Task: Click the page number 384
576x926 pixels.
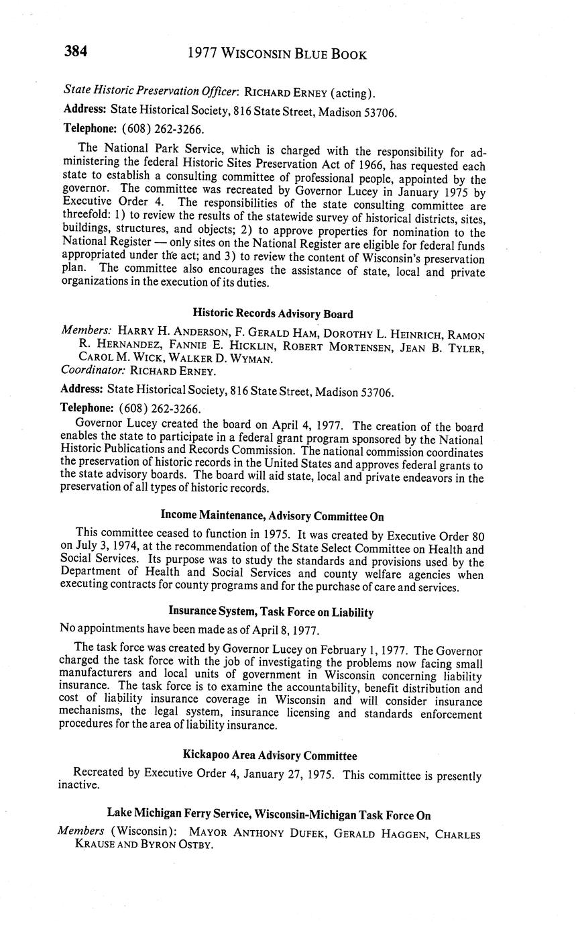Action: point(76,52)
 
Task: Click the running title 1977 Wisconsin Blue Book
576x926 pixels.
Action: point(277,54)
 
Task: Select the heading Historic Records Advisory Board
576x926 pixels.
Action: point(273,313)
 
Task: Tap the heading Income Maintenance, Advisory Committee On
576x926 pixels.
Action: point(272,516)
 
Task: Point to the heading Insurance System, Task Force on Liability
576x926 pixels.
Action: point(271,612)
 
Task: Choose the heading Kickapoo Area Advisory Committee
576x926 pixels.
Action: point(270,756)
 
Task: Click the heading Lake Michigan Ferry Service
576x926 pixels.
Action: point(269,815)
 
